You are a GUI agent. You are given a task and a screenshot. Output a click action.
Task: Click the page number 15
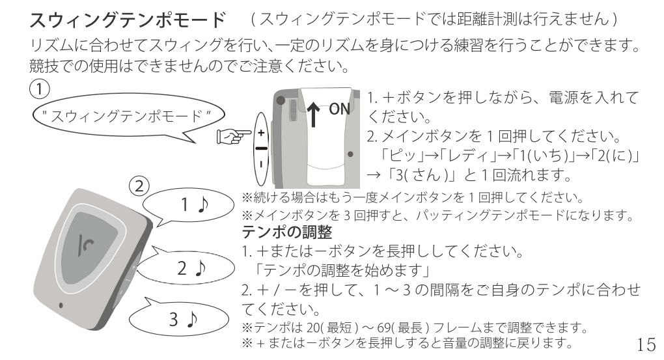tap(646, 345)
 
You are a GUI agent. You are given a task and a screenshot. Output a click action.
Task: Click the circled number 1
tap(39, 89)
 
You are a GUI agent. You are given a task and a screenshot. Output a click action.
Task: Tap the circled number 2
tap(139, 186)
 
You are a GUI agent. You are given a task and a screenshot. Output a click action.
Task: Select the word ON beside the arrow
tap(340, 109)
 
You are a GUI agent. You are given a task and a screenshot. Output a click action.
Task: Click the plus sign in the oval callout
tap(261, 133)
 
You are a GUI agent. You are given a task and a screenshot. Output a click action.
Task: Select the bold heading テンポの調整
tap(286, 232)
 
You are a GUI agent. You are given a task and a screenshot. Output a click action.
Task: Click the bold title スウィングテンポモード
tap(128, 20)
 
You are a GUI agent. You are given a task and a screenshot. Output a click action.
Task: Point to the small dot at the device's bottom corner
tap(61, 305)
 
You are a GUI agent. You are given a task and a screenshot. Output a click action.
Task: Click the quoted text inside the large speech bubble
tap(126, 116)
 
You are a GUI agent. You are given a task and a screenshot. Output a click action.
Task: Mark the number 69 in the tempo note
tap(384, 327)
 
